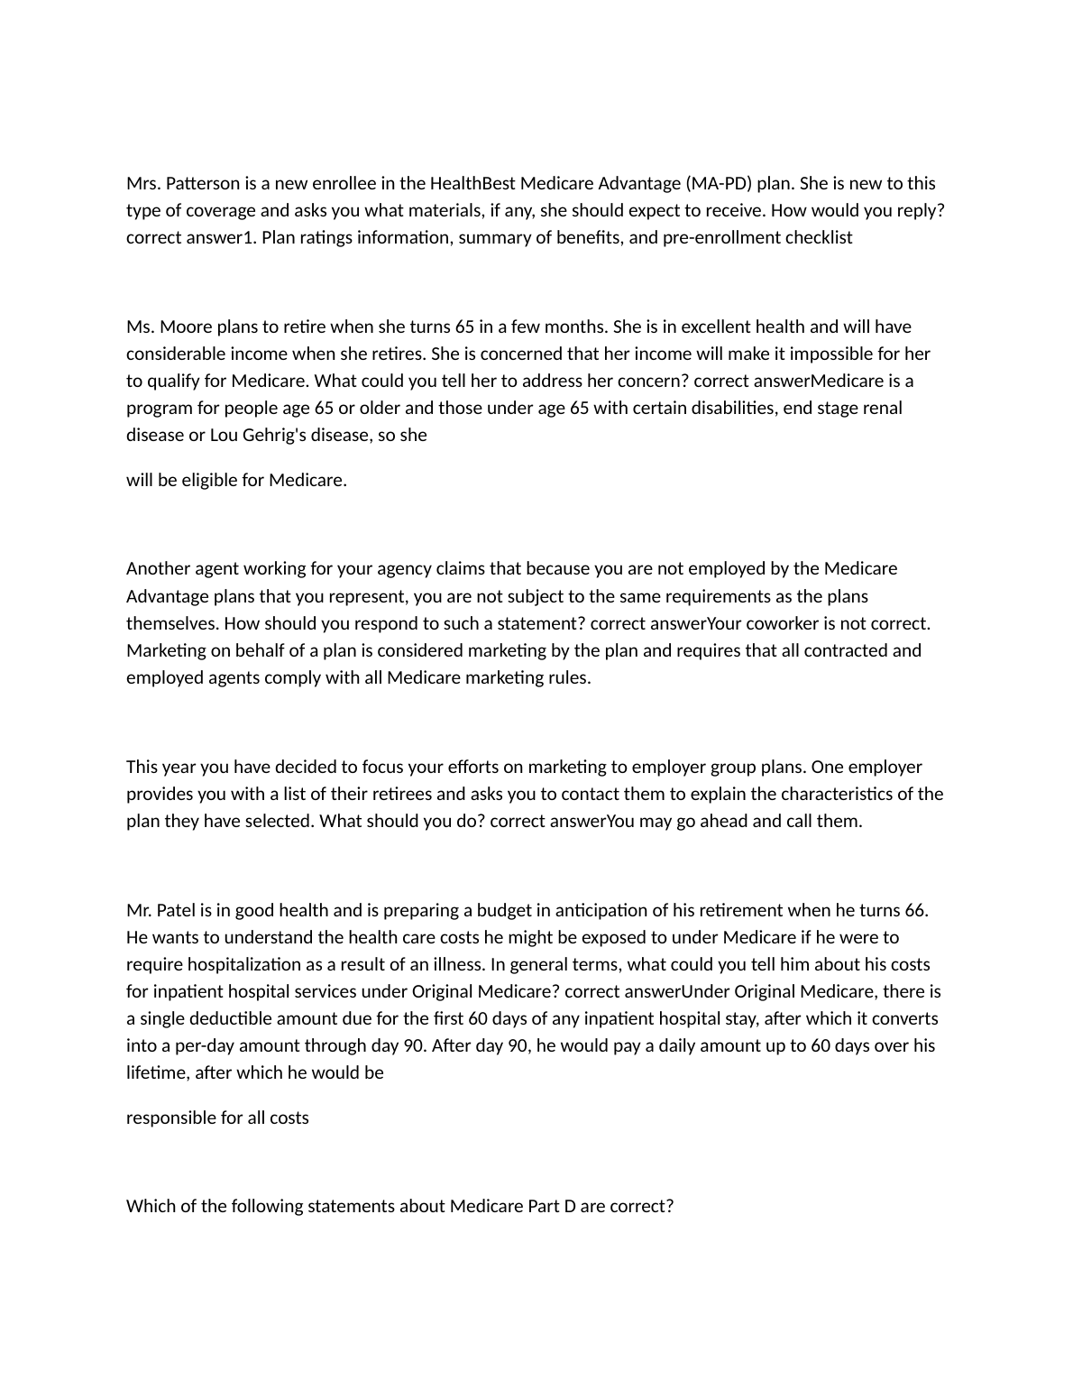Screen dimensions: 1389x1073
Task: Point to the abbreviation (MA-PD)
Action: click(x=718, y=183)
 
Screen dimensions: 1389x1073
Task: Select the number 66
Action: click(x=915, y=910)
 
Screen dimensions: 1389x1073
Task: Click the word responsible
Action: click(x=170, y=1118)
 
